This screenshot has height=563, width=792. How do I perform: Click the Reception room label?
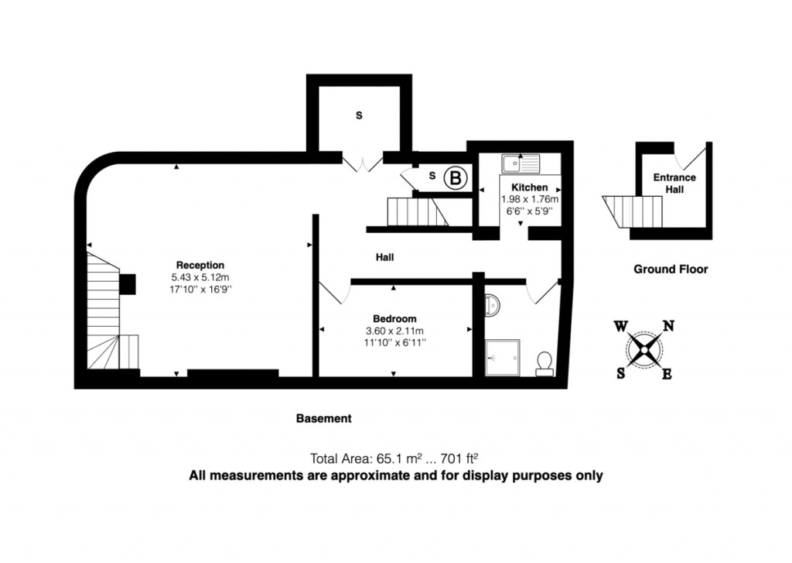[x=200, y=265]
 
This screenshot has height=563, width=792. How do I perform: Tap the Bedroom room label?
[x=394, y=318]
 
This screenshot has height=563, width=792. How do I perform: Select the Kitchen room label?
[x=530, y=187]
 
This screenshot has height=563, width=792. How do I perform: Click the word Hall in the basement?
[x=386, y=257]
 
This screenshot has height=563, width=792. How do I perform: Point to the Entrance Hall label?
[x=674, y=183]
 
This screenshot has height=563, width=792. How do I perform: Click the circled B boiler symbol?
[x=456, y=179]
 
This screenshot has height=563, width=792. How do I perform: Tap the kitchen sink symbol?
[x=519, y=164]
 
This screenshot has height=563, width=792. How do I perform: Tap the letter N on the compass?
[x=668, y=326]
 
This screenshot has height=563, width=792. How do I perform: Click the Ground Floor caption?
[x=671, y=269]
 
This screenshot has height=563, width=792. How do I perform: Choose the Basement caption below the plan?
[x=324, y=418]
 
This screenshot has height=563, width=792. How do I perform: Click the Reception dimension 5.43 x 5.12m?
[x=201, y=276]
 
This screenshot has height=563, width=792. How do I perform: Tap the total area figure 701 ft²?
[x=464, y=458]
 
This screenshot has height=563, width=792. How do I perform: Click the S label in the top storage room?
[x=359, y=115]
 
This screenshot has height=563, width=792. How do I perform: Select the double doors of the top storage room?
[x=362, y=163]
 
